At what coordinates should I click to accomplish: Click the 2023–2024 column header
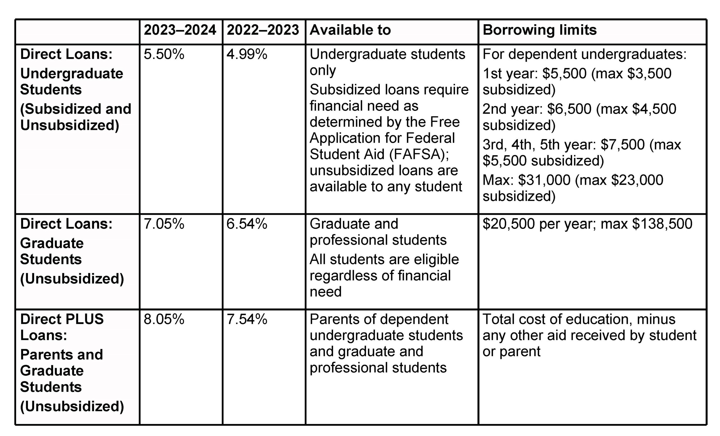(x=180, y=30)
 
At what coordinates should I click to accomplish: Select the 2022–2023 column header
(x=263, y=30)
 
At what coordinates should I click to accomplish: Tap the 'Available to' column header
(x=350, y=30)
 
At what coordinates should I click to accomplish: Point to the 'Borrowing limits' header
(x=539, y=30)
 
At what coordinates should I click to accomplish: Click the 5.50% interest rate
(x=164, y=54)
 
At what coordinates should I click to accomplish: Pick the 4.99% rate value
(x=247, y=54)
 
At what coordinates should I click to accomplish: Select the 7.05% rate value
(x=164, y=224)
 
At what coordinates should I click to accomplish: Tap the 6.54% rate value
(x=247, y=224)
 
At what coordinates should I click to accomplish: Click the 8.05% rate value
(x=164, y=319)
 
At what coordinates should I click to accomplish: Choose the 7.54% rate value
(x=247, y=319)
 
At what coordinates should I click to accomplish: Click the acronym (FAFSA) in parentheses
(x=418, y=155)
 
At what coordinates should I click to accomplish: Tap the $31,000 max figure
(x=544, y=180)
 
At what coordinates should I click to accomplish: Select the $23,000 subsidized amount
(x=637, y=180)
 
